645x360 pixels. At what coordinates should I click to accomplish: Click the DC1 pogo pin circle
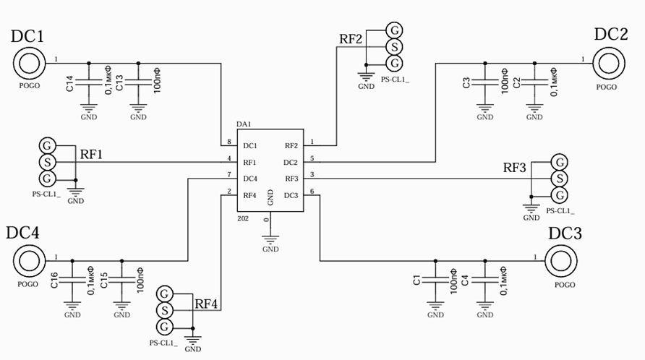tap(29, 64)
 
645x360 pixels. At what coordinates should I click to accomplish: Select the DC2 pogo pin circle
tap(609, 64)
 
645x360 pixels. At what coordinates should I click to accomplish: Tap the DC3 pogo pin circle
tap(560, 261)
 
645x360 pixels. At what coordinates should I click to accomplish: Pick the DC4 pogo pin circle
tap(29, 261)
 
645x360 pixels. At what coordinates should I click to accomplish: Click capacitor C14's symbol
tap(89, 82)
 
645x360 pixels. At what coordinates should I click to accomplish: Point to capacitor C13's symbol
tap(138, 82)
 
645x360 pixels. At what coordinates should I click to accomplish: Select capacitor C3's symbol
tap(485, 82)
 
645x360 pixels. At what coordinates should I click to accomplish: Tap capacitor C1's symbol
tap(435, 280)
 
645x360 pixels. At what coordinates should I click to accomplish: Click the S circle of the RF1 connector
tap(47, 162)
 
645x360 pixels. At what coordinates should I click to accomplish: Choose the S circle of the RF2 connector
tap(394, 47)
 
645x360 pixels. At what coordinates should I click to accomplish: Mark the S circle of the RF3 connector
tap(560, 179)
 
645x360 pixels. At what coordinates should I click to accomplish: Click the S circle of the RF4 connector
tap(165, 310)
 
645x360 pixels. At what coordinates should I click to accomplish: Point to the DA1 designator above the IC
tap(244, 124)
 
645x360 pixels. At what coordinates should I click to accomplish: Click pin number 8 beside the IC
tap(229, 142)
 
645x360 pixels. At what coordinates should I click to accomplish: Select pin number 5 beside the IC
tap(312, 158)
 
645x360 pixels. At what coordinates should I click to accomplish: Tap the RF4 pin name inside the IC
tap(249, 195)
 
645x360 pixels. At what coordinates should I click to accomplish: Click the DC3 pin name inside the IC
tap(291, 195)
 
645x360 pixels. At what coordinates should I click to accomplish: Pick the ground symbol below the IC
tap(270, 239)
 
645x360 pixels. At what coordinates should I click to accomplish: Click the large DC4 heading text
tap(22, 233)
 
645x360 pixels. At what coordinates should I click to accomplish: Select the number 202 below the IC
tap(243, 218)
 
